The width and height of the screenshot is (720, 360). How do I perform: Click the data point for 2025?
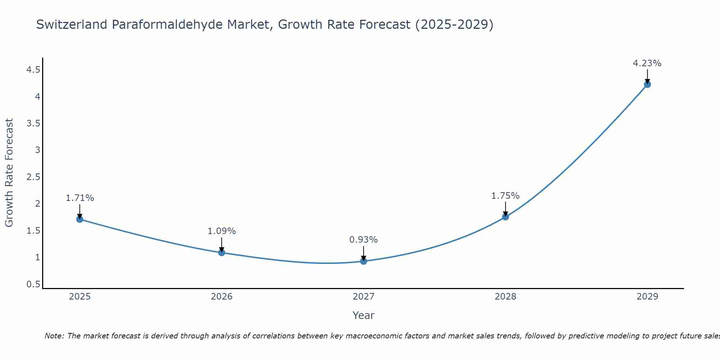[x=80, y=219]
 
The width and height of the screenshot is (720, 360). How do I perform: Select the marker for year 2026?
[x=222, y=252]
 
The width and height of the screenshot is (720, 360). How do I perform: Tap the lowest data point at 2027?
[x=364, y=261]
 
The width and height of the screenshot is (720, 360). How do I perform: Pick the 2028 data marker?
[x=505, y=217]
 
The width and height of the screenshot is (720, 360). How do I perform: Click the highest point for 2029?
[x=647, y=84]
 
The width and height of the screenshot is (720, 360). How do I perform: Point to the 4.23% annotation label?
[x=647, y=63]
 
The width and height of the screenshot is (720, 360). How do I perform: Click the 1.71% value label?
[x=80, y=198]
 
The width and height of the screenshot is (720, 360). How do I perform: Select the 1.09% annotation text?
[x=222, y=231]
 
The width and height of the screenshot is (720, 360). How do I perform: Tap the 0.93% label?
[x=364, y=240]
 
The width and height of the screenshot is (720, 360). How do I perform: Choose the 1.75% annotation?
[x=505, y=196]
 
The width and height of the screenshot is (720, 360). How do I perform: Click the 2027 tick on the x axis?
[x=364, y=297]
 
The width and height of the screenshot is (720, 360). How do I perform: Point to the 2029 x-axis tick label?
[x=647, y=297]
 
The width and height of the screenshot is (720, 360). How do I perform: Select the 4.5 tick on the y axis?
[x=33, y=70]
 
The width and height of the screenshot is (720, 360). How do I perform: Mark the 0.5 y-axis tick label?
[x=33, y=284]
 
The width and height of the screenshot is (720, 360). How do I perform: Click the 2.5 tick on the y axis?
[x=33, y=177]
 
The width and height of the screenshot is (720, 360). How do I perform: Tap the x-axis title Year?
[x=364, y=315]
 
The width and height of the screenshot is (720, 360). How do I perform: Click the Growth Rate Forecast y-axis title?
[x=9, y=173]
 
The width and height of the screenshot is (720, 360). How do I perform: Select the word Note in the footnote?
[x=54, y=336]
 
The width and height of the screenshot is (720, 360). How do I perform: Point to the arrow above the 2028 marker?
[x=505, y=209]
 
